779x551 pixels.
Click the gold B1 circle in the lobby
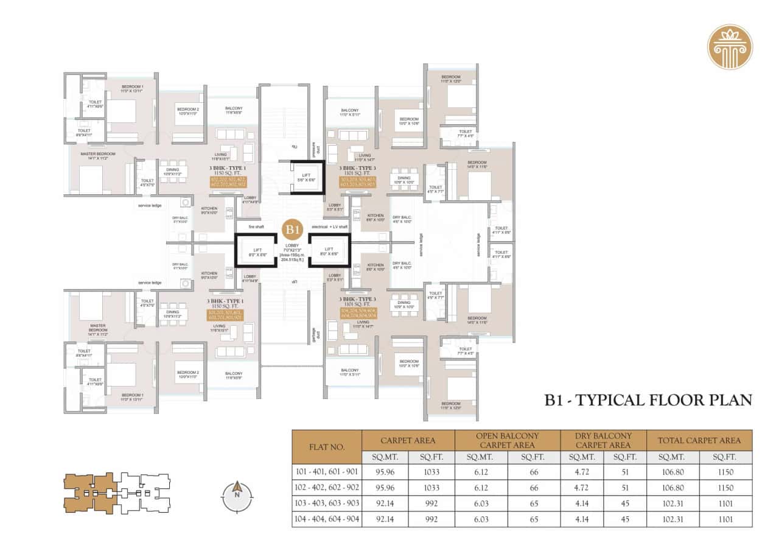click(293, 230)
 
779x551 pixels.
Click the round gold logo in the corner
click(730, 47)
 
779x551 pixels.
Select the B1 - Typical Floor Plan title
click(648, 400)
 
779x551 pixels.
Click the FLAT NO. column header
click(327, 447)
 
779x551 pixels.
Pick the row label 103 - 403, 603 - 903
click(327, 504)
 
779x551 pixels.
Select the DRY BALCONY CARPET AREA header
click(603, 440)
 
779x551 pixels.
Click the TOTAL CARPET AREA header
click(699, 440)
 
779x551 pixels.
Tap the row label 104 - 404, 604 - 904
click(327, 519)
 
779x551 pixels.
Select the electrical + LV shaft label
click(329, 226)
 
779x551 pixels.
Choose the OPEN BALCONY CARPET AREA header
click(507, 440)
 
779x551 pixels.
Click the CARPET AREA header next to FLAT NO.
click(408, 440)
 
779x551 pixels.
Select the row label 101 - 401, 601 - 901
click(327, 472)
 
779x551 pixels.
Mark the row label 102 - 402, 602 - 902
click(327, 488)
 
